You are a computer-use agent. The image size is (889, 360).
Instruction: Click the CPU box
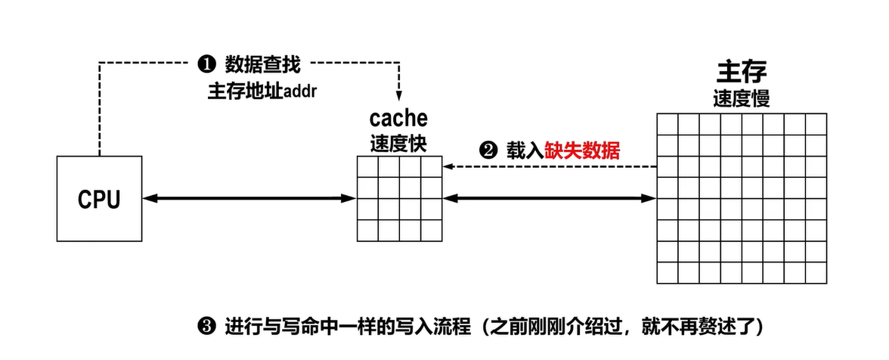pyautogui.click(x=99, y=198)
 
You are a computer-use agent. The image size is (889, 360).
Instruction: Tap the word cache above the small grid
pyautogui.click(x=398, y=119)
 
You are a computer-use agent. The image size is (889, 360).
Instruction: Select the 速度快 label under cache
pyautogui.click(x=398, y=144)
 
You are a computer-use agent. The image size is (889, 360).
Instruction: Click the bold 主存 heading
pyautogui.click(x=742, y=73)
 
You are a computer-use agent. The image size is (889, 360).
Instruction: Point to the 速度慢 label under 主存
pyautogui.click(x=742, y=100)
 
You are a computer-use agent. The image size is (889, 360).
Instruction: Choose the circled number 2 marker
pyautogui.click(x=488, y=151)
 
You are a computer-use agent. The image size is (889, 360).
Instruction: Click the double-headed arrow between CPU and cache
pyautogui.click(x=249, y=198)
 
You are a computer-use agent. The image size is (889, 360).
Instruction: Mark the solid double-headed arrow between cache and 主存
pyautogui.click(x=550, y=198)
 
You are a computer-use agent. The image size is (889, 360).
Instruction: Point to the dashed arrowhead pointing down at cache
pyautogui.click(x=398, y=95)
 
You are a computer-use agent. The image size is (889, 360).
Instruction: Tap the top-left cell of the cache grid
pyautogui.click(x=368, y=166)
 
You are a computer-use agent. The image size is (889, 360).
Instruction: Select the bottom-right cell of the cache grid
pyautogui.click(x=431, y=230)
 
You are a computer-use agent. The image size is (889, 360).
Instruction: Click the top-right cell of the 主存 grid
pyautogui.click(x=817, y=123)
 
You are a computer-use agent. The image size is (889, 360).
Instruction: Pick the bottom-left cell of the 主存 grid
pyautogui.click(x=668, y=272)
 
